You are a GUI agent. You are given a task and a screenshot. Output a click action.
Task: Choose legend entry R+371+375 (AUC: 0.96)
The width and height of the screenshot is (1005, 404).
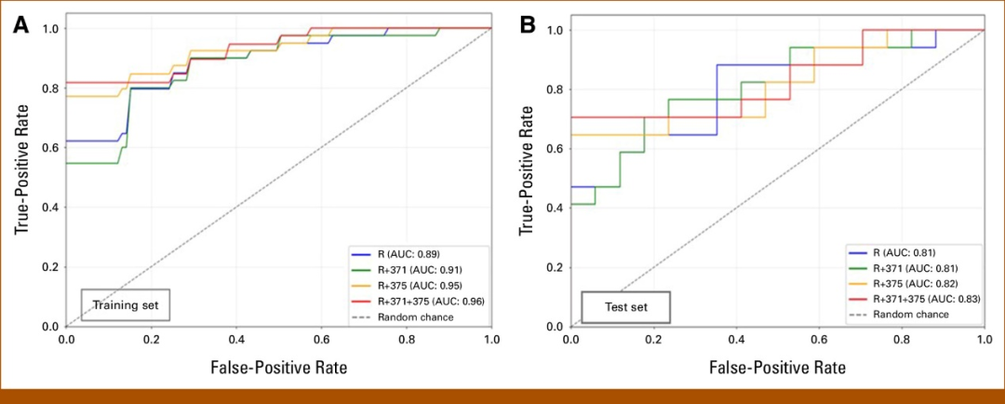pyautogui.click(x=432, y=300)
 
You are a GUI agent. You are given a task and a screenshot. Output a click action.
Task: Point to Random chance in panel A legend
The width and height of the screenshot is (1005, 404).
pyautogui.click(x=416, y=316)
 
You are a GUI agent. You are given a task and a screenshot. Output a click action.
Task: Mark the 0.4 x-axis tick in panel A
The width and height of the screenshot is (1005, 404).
pyautogui.click(x=236, y=340)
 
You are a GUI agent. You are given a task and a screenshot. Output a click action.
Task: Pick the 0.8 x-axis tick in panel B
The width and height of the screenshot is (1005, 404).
pyautogui.click(x=902, y=340)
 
